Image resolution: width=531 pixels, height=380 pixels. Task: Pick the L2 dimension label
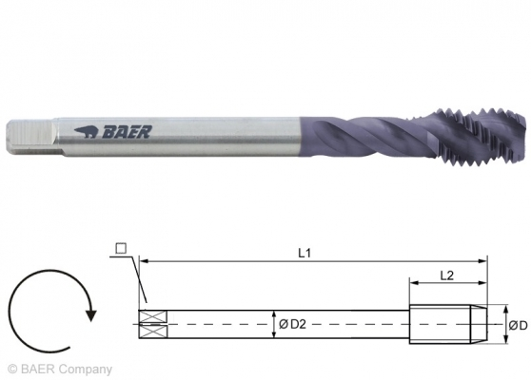tap(445, 274)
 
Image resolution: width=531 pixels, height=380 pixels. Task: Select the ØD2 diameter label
tap(292, 326)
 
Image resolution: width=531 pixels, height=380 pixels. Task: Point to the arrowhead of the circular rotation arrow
tap(90, 309)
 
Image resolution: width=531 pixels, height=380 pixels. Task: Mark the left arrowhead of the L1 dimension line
tap(143, 259)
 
